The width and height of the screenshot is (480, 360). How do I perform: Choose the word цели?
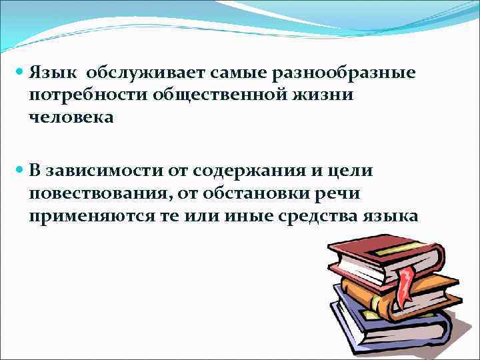tap(355, 171)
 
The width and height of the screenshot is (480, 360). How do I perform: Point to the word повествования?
tap(96, 194)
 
